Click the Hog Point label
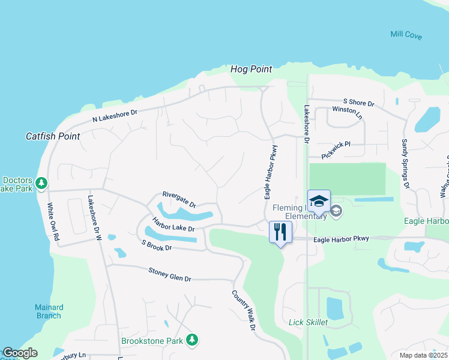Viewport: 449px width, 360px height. [252, 70]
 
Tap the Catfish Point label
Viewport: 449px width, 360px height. [53, 136]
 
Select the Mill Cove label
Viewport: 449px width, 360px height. [406, 35]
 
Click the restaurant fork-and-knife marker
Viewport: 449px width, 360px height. [280, 232]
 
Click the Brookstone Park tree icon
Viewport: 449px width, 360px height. [191, 340]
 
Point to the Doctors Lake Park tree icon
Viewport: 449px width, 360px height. [41, 182]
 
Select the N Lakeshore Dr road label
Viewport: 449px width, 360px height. [115, 115]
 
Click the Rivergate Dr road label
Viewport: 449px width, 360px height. [179, 199]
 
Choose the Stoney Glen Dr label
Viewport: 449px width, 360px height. [169, 275]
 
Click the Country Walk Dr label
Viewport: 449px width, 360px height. [244, 310]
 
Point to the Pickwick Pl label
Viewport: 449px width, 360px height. [336, 150]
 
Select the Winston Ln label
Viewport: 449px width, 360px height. [347, 112]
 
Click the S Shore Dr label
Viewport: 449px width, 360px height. [358, 103]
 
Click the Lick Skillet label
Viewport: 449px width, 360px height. [308, 322]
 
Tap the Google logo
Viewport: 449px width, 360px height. [20, 353]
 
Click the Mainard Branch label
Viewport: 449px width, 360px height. [49, 311]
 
